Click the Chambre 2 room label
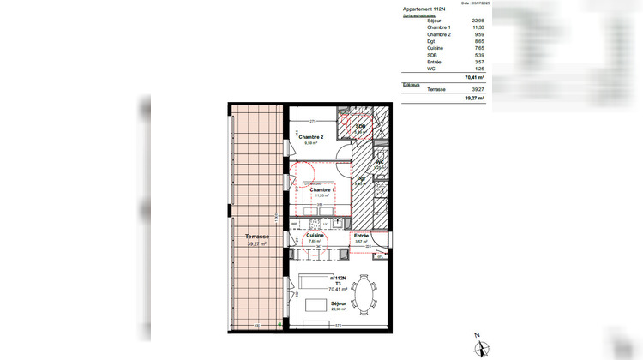[x=310, y=137]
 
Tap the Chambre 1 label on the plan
[x=322, y=189]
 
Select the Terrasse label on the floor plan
[x=257, y=237]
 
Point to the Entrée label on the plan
[x=362, y=235]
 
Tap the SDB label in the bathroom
[x=361, y=126]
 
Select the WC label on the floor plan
[x=380, y=162]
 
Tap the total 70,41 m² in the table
[x=474, y=77]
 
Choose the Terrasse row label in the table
[x=436, y=90]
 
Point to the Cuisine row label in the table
[x=436, y=49]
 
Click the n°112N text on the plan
[x=345, y=279]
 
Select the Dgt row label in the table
[x=430, y=41]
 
